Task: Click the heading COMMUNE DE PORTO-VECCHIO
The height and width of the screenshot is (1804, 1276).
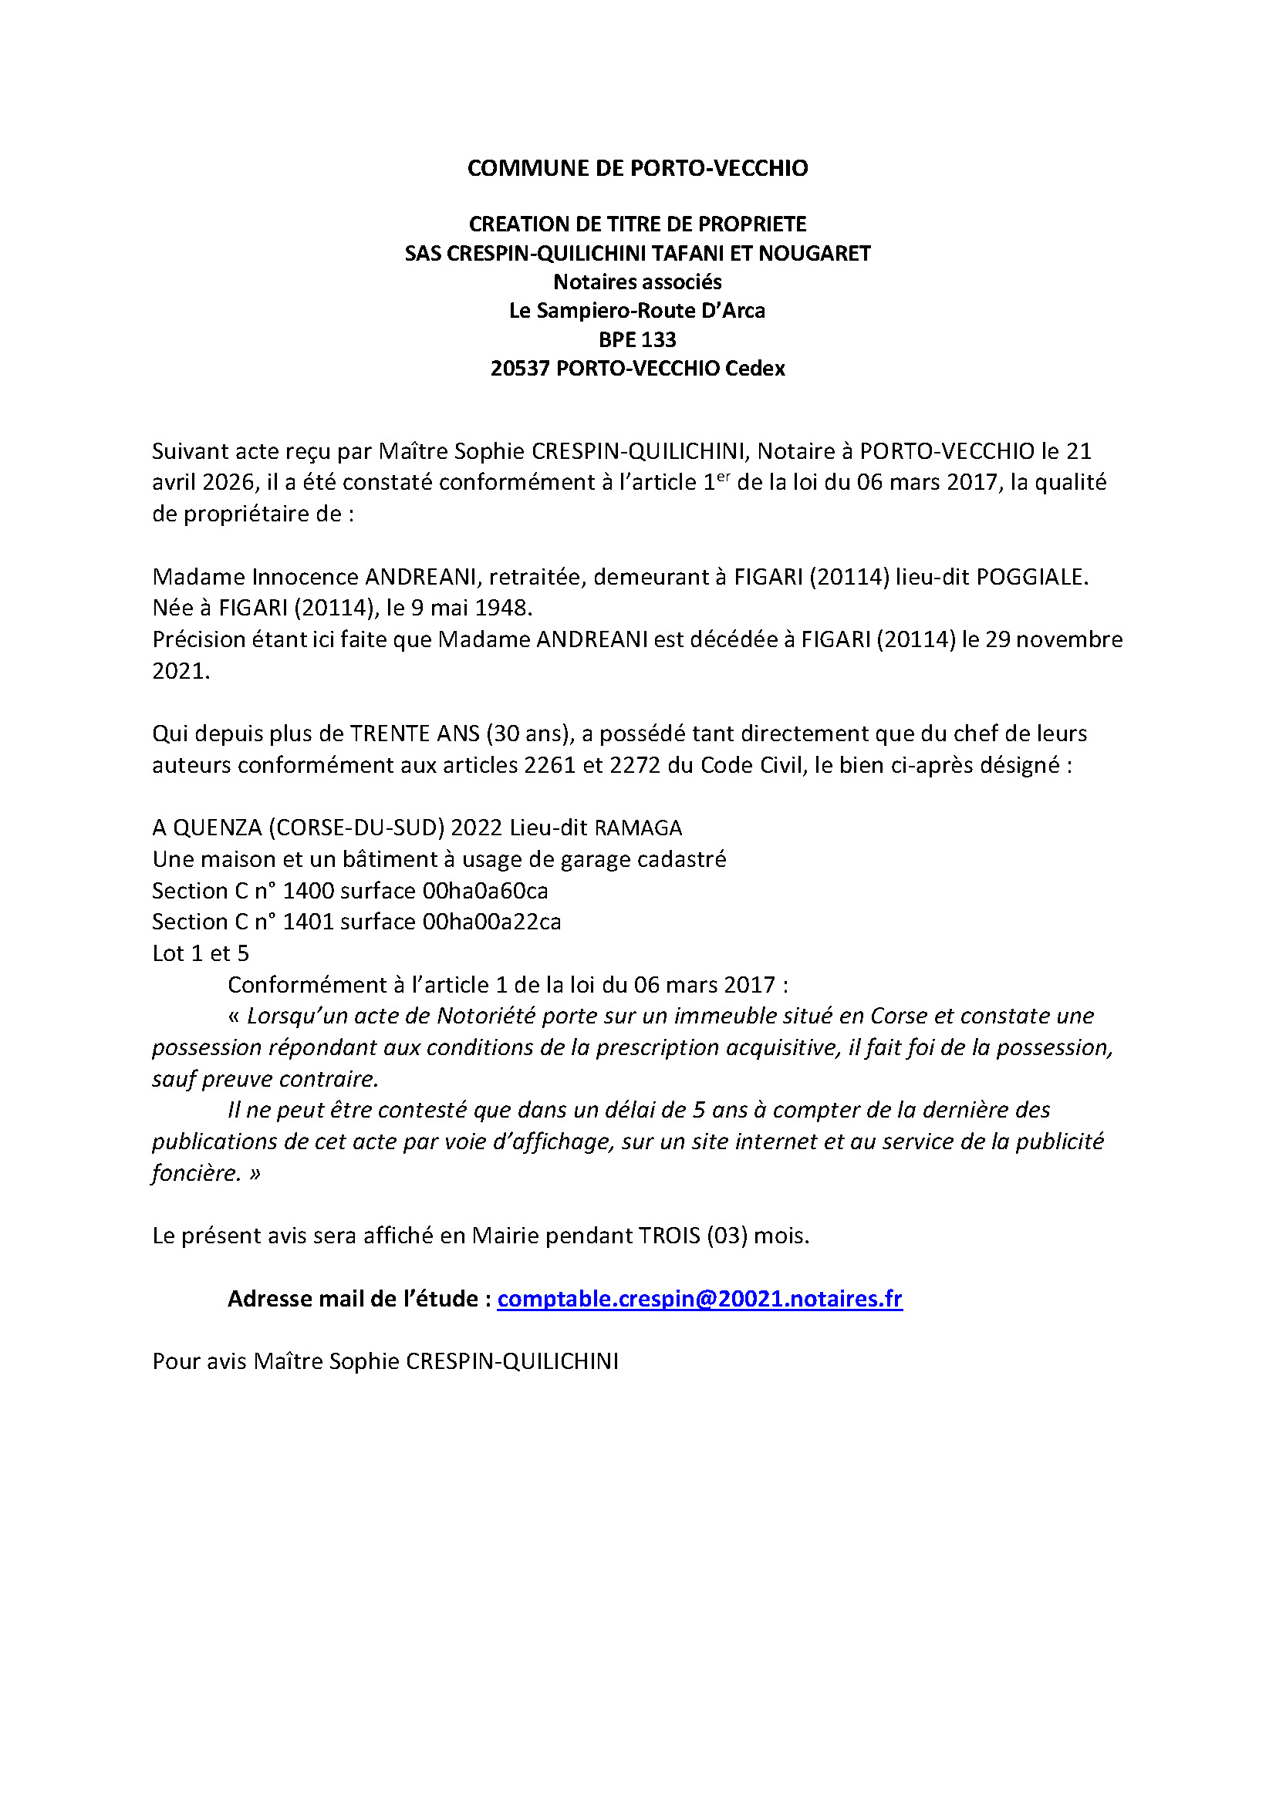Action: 637,168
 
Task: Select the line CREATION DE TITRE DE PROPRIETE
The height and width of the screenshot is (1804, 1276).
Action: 637,224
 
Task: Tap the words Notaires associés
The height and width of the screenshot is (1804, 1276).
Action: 637,282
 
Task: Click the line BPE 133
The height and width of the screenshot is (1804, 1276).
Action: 637,339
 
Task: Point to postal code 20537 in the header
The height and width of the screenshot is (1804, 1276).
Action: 519,369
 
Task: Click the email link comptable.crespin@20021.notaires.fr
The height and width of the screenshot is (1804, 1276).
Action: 699,1299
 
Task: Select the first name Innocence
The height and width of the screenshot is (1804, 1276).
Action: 304,577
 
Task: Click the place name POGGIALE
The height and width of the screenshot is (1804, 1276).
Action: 1030,577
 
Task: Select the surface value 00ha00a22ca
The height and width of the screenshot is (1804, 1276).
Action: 491,922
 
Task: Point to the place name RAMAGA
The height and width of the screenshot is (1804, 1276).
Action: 638,828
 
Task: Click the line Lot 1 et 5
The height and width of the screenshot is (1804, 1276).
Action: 201,953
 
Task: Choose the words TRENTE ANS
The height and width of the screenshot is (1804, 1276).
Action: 414,733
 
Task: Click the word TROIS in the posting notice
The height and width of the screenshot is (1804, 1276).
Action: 669,1236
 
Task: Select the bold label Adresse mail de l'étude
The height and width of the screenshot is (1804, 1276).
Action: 353,1299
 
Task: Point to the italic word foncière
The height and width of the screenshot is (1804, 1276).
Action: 196,1173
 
